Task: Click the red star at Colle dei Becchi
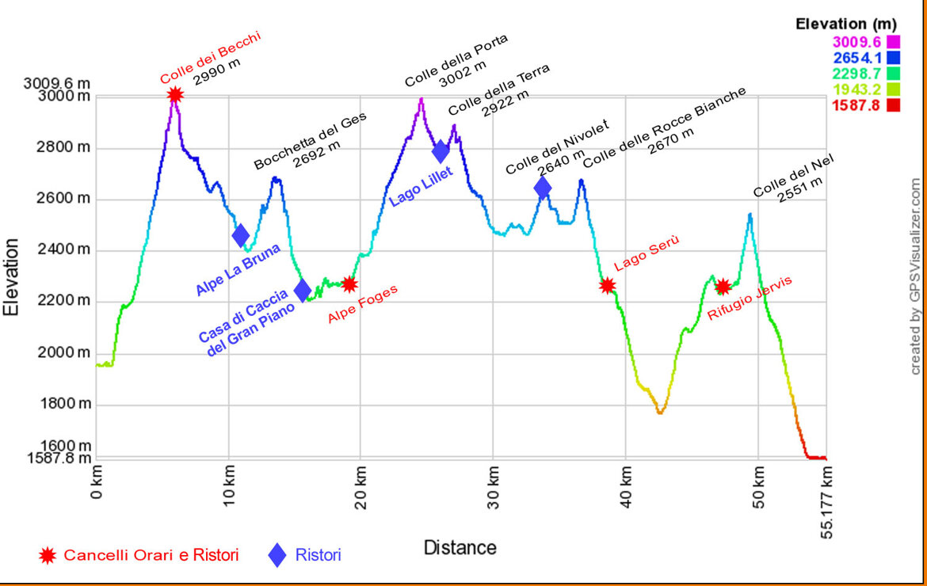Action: pos(175,95)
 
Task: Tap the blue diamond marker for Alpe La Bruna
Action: pos(241,235)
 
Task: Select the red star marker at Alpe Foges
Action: pos(349,283)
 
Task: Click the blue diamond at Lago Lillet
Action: pos(441,150)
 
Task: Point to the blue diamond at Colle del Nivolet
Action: pos(543,188)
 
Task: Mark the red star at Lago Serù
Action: pos(608,285)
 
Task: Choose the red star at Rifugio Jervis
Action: pos(723,287)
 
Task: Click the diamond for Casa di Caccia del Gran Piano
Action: pos(302,291)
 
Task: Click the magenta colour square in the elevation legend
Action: pos(893,41)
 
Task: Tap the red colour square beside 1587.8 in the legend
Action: pos(893,105)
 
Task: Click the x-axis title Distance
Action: pos(460,547)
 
